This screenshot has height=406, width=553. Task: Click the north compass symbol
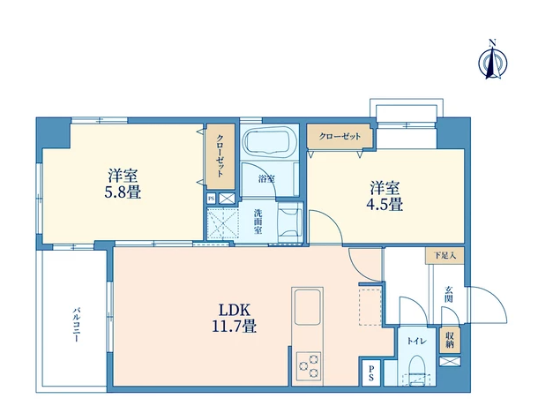(493, 60)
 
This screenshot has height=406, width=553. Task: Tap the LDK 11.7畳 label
(234, 318)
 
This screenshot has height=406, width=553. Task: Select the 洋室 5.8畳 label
(123, 184)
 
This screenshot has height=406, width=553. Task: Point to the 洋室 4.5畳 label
(385, 196)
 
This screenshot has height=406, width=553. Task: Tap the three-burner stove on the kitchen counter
(309, 365)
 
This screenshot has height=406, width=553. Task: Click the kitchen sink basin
(308, 307)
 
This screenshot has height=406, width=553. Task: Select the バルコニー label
(76, 325)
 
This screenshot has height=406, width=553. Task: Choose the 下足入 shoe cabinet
(445, 255)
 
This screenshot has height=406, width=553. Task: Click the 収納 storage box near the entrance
(450, 341)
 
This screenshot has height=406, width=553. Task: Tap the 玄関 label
(449, 295)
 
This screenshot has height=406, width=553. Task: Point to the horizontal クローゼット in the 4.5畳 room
(340, 136)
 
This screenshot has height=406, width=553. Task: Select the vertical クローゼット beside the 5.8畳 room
(220, 156)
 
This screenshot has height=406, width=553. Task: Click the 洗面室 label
(258, 222)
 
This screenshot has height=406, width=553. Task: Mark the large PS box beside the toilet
(371, 372)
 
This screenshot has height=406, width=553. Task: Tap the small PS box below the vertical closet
(211, 199)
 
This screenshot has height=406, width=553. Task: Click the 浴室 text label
(266, 179)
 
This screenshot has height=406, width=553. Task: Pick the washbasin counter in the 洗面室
(290, 222)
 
